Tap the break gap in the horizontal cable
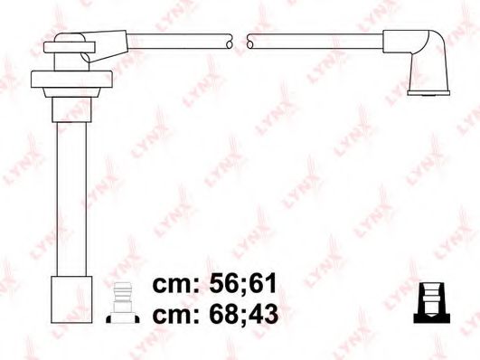pyautogui.click(x=240, y=41)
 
